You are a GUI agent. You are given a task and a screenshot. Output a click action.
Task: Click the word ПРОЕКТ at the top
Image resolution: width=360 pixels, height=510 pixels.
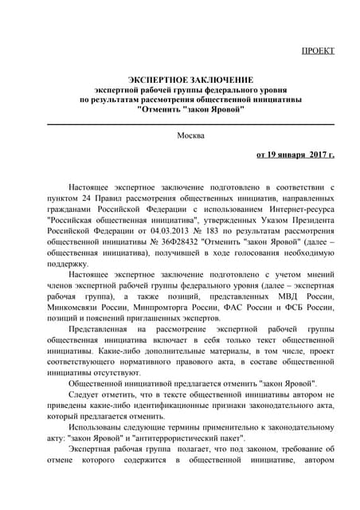(318, 50)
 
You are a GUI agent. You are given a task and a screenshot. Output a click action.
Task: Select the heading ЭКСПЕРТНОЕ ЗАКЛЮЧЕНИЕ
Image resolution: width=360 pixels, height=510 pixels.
(191, 80)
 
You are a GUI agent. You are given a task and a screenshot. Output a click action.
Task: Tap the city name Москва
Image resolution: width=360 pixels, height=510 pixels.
(191, 135)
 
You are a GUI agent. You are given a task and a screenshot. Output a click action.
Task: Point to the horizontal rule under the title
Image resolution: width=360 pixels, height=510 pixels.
(191, 124)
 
